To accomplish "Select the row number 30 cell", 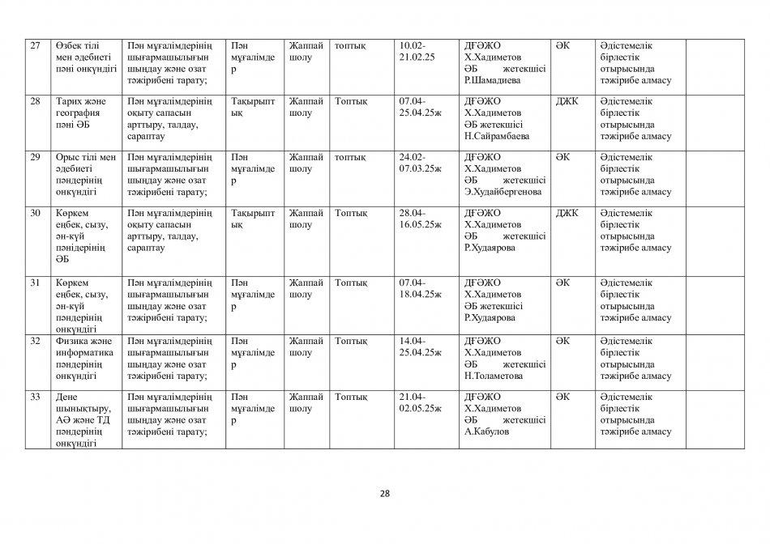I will pos(35,214).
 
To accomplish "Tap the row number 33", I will pos(35,397).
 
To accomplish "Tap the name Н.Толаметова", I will pos(494,376).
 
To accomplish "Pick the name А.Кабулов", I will pos(486,431).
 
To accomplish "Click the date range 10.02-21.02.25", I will pos(418,52).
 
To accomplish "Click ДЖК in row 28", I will pos(567,101).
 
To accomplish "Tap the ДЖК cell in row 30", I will pos(567,214).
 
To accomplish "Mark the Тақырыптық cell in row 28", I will pos(253,108).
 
